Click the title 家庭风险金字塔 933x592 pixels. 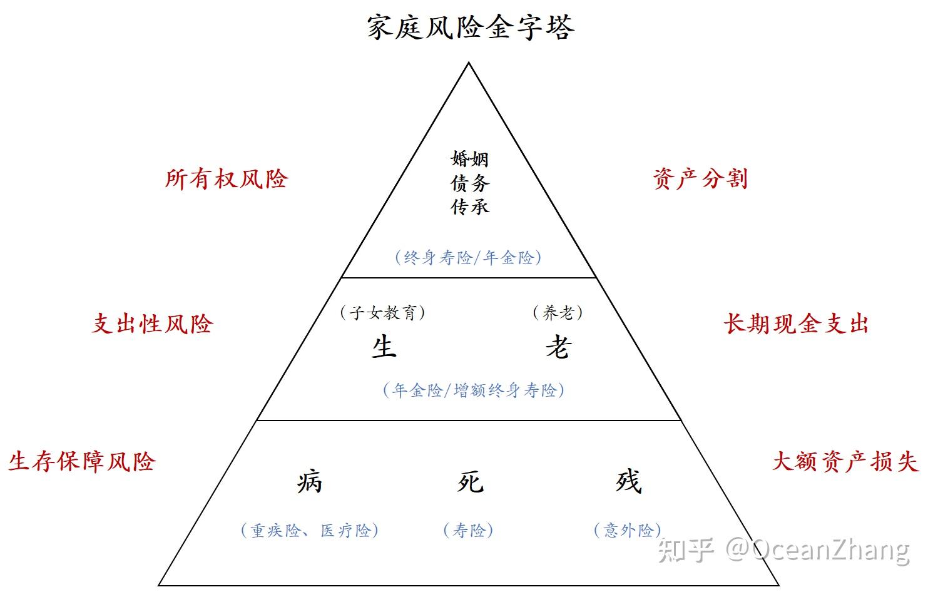pos(469,28)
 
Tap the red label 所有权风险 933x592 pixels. pos(227,179)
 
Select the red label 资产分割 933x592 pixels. pos(700,179)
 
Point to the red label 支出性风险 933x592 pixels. pos(153,324)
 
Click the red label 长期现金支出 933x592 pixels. pos(796,324)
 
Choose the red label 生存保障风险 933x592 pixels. pos(82,462)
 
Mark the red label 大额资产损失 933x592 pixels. pos(845,462)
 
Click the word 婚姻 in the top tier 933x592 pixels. pos(469,159)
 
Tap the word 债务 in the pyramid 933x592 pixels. pos(469,183)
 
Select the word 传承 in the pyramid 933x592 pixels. pos(469,207)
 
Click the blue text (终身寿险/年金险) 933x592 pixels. pos(468,257)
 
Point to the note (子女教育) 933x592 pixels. pos(382,312)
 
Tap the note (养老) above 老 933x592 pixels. pos(558,312)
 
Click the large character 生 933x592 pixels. pos(384,347)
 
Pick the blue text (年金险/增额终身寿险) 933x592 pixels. pos(474,390)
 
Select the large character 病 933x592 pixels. pos(310,482)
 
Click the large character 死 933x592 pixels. pos(469,482)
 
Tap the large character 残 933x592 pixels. pos(628,482)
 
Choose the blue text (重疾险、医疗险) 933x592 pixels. pos(310,531)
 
